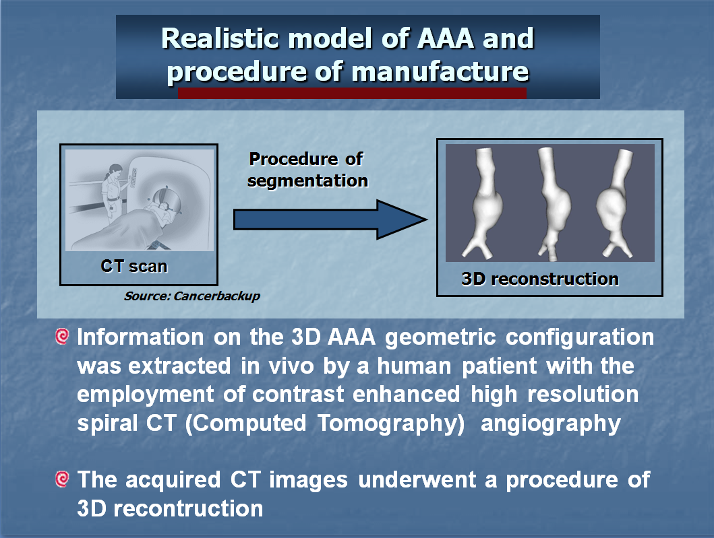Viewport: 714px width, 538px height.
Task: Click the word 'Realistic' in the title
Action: [220, 38]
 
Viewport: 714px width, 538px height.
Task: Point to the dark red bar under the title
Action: [352, 93]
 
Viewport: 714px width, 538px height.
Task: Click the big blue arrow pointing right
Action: [330, 220]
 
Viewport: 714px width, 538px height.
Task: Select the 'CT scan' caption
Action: [134, 266]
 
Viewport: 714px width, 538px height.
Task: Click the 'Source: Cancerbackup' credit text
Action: [191, 296]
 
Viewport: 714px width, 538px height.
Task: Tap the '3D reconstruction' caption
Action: [540, 279]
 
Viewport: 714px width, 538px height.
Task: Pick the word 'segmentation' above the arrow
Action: [307, 181]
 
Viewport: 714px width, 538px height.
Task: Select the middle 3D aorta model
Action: [553, 203]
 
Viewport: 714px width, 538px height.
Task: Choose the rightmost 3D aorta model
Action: [615, 203]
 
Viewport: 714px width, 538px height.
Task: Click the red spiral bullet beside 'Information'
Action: [62, 337]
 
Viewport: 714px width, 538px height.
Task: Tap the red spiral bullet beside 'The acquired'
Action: [62, 479]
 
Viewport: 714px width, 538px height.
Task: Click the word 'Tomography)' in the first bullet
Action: [391, 424]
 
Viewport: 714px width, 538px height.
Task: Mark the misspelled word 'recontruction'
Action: [188, 508]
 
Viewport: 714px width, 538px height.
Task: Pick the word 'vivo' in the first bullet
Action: [291, 366]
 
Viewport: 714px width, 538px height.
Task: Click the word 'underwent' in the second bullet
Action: [417, 480]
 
